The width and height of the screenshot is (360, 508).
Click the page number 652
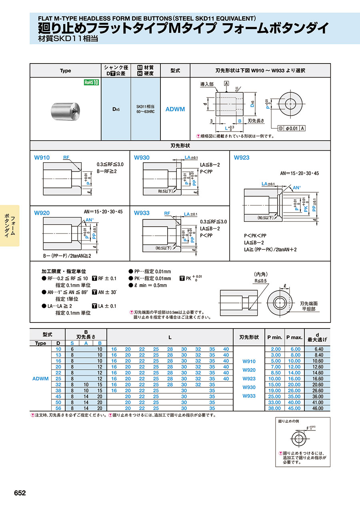pos(20,493)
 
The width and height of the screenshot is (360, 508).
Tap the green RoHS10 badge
pos(91,82)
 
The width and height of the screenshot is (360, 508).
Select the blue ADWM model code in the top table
pos(175,109)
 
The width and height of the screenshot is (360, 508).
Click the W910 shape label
pos(42,158)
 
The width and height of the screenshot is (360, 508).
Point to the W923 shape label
pos(242,157)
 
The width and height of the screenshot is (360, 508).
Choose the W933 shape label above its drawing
pos(142,213)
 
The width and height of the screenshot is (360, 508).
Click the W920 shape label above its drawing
pos(42,213)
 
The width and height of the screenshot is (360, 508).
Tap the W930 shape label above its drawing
pos(142,158)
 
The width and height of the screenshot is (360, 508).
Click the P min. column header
pos(274,337)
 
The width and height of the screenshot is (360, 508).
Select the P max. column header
pos(294,337)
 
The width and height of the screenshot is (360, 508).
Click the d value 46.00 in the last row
pos(317,408)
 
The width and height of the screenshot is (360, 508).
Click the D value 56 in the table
pos(58,408)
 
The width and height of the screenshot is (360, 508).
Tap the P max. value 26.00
pos(295,390)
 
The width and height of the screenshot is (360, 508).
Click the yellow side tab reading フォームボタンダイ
pos(10,226)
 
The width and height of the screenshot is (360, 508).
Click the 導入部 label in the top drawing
pos(207,84)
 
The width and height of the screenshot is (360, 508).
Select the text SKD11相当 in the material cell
pos(145,107)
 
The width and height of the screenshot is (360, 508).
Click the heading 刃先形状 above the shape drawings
pos(180,145)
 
